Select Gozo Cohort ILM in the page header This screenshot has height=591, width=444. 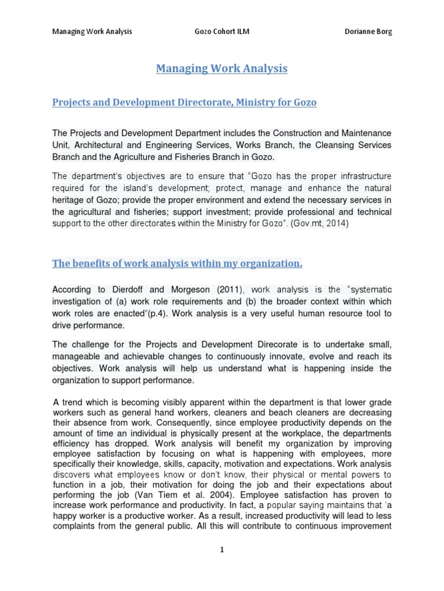coord(221,32)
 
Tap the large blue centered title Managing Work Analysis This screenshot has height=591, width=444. coord(221,69)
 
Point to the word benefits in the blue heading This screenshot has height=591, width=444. coord(93,264)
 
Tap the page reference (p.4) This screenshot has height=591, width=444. coord(156,313)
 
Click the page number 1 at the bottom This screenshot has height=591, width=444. coord(222,550)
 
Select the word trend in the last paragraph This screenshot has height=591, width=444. coord(75,402)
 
